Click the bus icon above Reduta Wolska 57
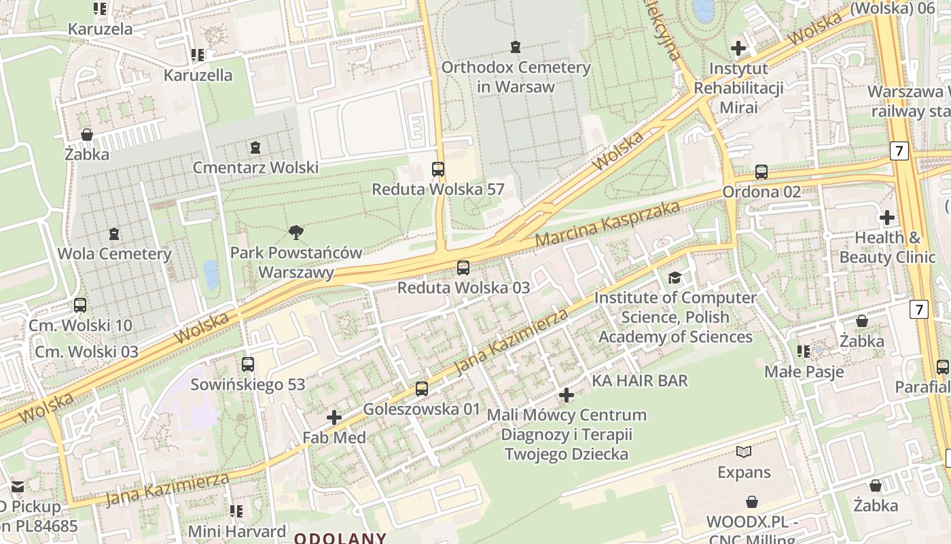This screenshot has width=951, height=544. pos(438,169)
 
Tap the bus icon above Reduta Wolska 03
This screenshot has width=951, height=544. pos(463,267)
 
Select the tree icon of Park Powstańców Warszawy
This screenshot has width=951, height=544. pos(295,233)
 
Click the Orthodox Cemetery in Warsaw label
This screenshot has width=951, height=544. pos(516,77)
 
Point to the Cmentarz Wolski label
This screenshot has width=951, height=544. pos(255,167)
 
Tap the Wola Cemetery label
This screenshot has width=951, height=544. pos(114,254)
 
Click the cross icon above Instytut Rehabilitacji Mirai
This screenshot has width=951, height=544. pos(738,48)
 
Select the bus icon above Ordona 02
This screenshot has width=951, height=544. pos(761,172)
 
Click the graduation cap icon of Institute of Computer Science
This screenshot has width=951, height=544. pos(675,277)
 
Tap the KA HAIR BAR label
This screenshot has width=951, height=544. pos(640,380)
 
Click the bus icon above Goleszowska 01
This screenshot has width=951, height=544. pos(422,389)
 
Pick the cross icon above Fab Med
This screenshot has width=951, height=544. pos(334,418)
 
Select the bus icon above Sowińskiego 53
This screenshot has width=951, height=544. pos(248,364)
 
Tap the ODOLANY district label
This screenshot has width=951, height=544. pos(340,538)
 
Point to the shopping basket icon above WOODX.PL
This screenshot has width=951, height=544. pos(752,503)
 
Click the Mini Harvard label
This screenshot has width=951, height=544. pos(236,531)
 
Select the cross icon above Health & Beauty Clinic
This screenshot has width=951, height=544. pos(886,218)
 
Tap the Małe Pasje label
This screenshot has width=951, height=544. pos(804,371)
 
